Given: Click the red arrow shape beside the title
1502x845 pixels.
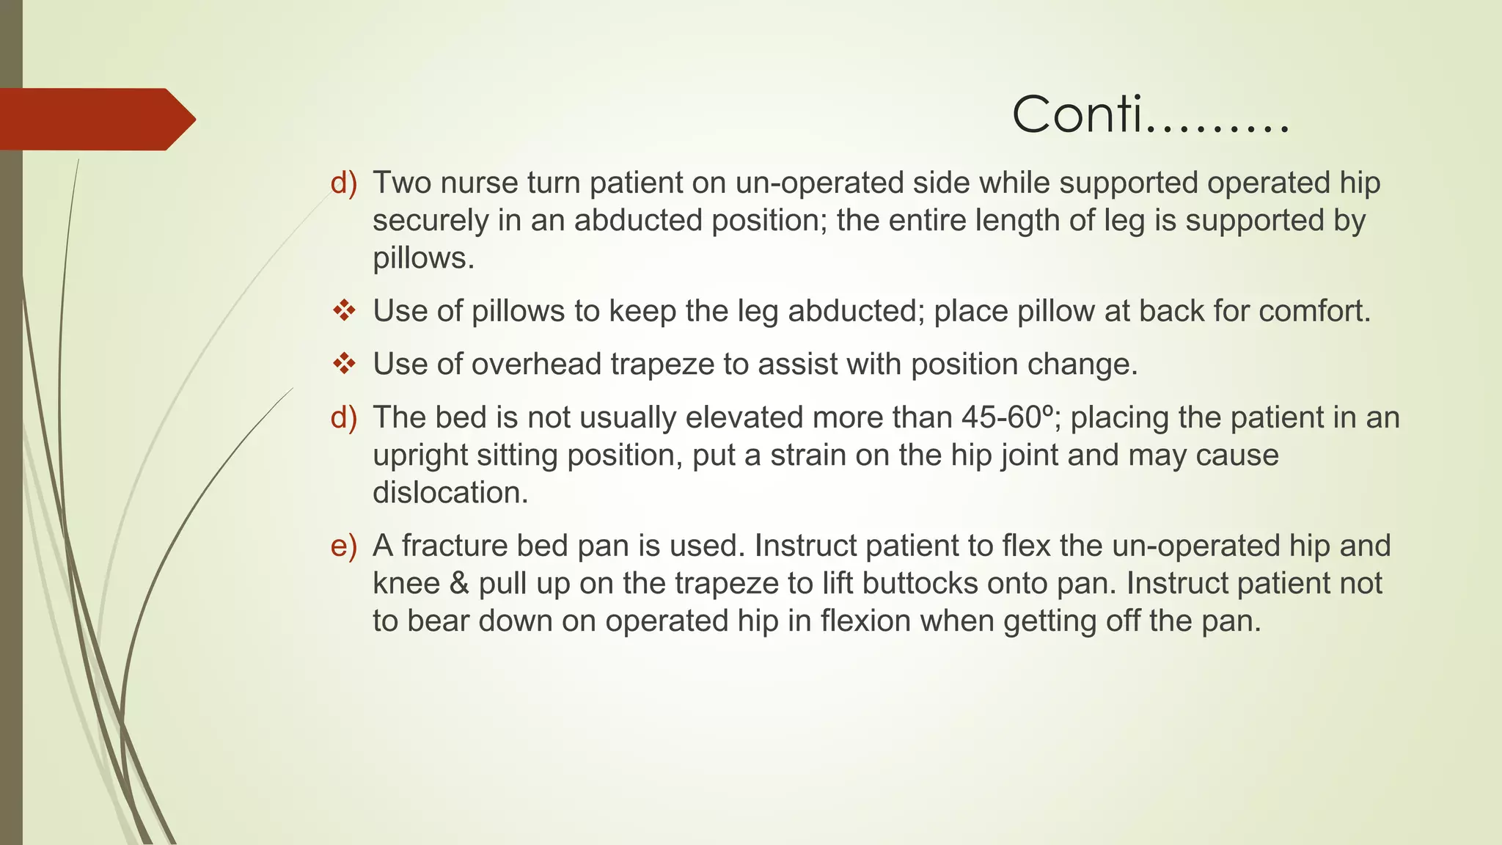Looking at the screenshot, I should click(95, 119).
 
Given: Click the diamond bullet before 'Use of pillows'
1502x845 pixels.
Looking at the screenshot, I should click(344, 311).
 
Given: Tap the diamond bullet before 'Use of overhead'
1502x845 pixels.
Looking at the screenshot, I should click(344, 364).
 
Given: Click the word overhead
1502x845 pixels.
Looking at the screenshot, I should click(536, 365).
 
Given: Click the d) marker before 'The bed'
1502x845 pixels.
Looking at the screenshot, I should click(343, 417).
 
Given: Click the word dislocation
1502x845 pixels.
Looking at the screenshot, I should click(450, 493).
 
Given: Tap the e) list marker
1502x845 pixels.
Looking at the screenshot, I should click(343, 546).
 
